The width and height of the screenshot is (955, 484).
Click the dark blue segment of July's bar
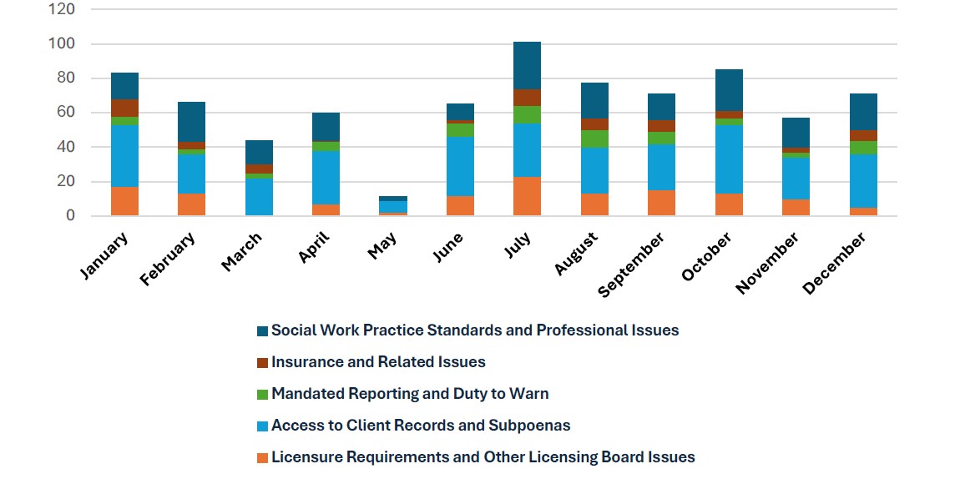pyautogui.click(x=527, y=65)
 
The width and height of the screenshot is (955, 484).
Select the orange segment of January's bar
pyautogui.click(x=124, y=201)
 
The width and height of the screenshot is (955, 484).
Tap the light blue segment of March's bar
pyautogui.click(x=259, y=197)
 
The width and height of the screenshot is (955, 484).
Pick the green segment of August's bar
pyautogui.click(x=594, y=139)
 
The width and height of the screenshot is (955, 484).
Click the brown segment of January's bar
pyautogui.click(x=124, y=108)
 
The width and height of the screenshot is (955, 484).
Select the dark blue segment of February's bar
pyautogui.click(x=191, y=122)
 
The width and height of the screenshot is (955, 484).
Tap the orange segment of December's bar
pyautogui.click(x=863, y=211)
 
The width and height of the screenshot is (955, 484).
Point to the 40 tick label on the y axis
pyautogui.click(x=66, y=147)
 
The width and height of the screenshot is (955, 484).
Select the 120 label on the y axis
pyautogui.click(x=63, y=9)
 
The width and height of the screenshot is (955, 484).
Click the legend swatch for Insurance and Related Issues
pyautogui.click(x=263, y=362)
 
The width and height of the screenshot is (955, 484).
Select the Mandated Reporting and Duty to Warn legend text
pyautogui.click(x=410, y=394)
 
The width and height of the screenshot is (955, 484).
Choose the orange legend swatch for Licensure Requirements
pyautogui.click(x=263, y=457)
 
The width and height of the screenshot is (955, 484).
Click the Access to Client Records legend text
pyautogui.click(x=421, y=426)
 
